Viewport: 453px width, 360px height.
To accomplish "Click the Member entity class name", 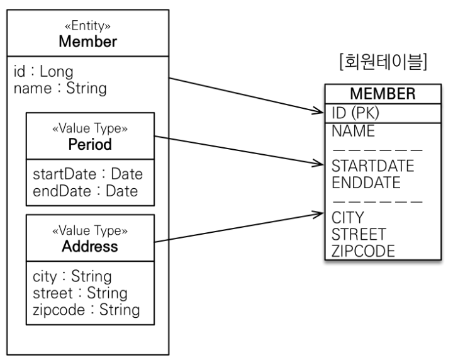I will click(x=88, y=42).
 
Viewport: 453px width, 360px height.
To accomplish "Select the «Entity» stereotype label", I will click(x=88, y=28).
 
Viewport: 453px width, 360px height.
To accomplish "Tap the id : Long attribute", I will click(x=43, y=72).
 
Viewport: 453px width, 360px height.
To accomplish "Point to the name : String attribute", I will click(x=60, y=87).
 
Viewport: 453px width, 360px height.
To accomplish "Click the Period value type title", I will click(x=90, y=144).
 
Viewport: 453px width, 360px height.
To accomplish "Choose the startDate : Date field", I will click(x=88, y=174).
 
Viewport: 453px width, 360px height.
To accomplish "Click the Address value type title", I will click(x=90, y=246).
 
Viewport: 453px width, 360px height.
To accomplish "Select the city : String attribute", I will click(x=72, y=277).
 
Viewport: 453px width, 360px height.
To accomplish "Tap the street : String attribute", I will click(x=79, y=293).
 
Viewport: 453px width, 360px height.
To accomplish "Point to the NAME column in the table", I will click(x=353, y=132).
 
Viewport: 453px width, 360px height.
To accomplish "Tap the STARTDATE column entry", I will click(x=372, y=166).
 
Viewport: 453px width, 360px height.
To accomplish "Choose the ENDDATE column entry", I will click(x=366, y=183).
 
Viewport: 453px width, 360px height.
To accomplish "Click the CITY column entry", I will click(x=348, y=218).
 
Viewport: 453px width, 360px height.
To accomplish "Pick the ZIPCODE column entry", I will click(x=363, y=251).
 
